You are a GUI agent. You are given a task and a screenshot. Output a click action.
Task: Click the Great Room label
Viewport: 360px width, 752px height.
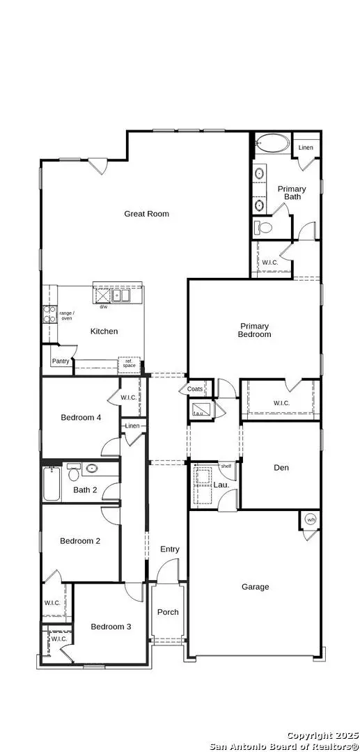coord(147,214)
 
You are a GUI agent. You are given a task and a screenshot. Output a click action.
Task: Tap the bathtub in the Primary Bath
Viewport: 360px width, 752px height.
coord(272,143)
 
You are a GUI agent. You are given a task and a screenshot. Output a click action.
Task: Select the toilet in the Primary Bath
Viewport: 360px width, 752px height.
coord(263,228)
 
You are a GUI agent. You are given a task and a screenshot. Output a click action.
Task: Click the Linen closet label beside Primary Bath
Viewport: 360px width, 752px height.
coord(306,147)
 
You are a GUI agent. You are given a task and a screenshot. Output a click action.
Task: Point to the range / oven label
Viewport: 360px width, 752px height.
coord(66,315)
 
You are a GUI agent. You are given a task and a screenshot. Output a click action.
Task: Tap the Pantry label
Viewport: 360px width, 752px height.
coord(61,361)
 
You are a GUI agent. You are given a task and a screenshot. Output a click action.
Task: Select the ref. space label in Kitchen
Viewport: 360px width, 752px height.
coord(129,363)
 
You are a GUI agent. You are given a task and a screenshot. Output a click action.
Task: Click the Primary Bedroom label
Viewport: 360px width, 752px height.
coord(255,331)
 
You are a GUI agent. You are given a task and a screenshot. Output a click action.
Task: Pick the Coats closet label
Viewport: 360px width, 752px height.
coord(194,389)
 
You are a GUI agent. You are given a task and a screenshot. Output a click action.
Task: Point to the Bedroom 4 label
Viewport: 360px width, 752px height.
coord(81,418)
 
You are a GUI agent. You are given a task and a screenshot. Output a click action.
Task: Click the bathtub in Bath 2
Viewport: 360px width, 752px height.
coord(52,484)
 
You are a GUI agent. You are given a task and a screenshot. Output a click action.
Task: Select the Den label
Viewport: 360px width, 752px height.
coord(281,468)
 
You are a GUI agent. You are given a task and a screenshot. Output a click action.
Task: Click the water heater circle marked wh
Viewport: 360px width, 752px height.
coord(311,520)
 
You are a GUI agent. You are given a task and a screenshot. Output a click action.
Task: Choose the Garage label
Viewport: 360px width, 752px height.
coord(255,587)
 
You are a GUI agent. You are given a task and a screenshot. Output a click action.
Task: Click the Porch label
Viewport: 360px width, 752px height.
coord(168,612)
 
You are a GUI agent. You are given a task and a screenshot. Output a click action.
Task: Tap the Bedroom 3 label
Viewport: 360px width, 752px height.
coord(111,627)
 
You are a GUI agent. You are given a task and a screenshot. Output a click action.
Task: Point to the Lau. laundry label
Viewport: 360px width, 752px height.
coord(221,485)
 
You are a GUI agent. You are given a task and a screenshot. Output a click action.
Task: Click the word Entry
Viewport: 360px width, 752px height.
coord(170,549)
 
